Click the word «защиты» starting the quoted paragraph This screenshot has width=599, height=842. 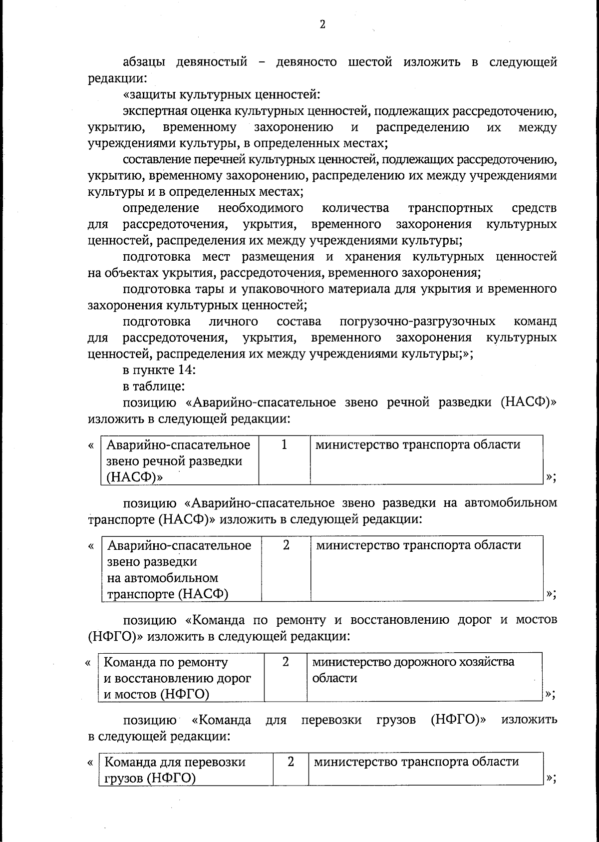(x=152, y=93)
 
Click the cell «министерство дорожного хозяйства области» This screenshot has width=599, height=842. (x=413, y=670)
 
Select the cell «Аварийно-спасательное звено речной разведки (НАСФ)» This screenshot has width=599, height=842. (x=179, y=460)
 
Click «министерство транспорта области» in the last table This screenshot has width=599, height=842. (x=416, y=762)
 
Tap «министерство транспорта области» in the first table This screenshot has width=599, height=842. (x=418, y=444)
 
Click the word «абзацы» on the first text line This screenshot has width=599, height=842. (x=144, y=62)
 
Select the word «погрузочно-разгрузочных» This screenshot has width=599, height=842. (x=417, y=321)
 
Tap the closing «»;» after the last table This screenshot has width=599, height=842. (x=551, y=778)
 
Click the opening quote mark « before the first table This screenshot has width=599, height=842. (x=91, y=444)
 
